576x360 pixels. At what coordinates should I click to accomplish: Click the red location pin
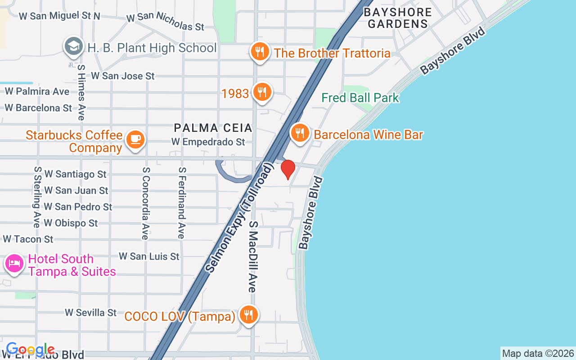pos(288,169)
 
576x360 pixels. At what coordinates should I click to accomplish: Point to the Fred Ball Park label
pos(360,98)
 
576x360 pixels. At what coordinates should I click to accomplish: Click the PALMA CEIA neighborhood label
pos(213,128)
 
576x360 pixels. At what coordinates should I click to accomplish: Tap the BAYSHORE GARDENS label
pos(397,18)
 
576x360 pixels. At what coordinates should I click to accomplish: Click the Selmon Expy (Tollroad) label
pos(239,218)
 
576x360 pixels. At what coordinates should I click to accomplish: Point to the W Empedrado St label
pos(208,142)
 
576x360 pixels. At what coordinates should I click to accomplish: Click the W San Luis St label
pos(149,256)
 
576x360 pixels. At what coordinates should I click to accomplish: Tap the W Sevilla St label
pos(90,312)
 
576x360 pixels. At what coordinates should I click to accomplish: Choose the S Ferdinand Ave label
pos(181,203)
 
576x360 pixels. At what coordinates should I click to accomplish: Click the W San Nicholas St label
pos(165,22)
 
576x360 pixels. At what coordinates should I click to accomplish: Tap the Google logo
pos(31,349)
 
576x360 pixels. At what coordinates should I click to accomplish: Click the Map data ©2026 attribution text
pos(538,353)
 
